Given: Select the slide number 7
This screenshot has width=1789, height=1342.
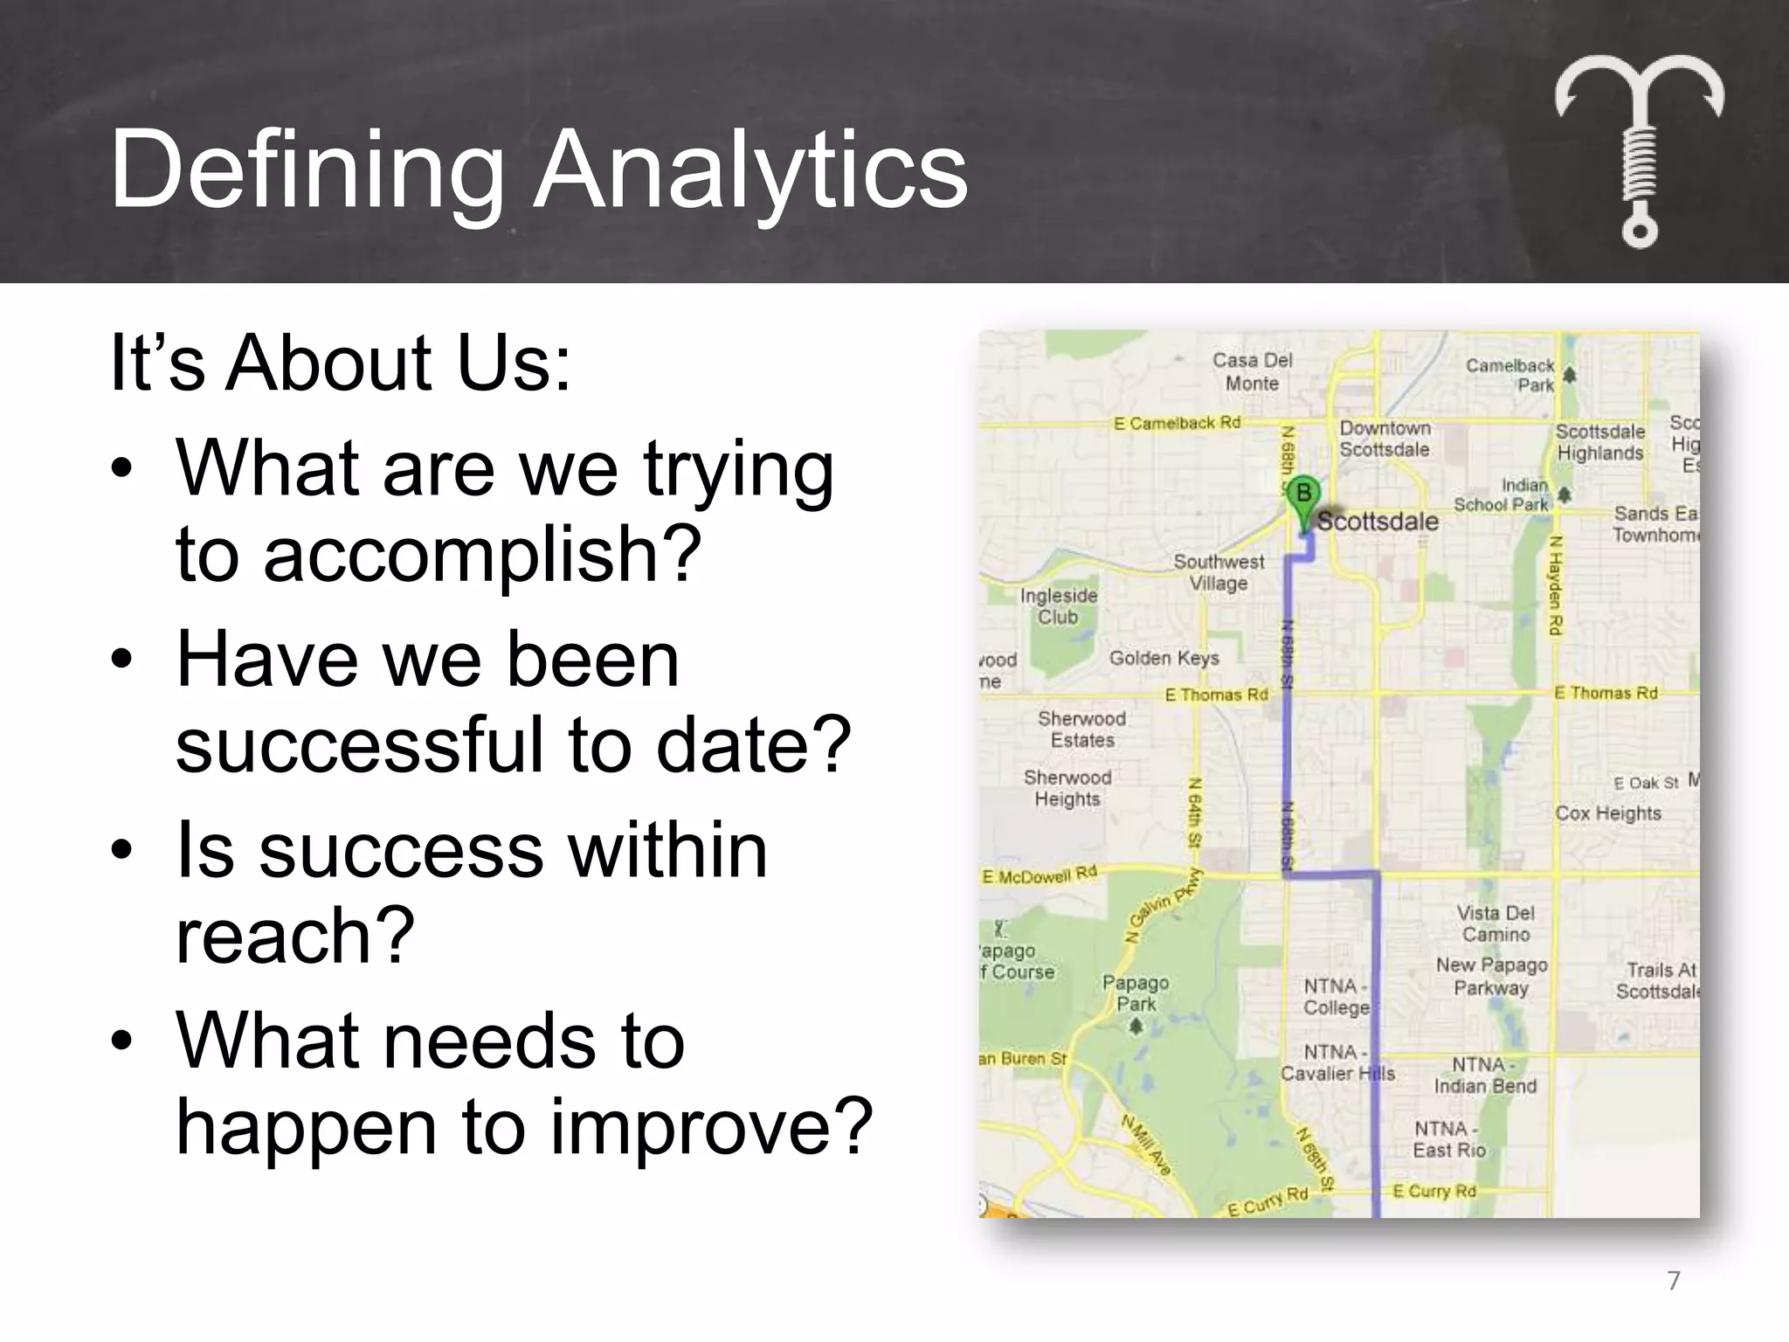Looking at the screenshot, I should (1673, 1281).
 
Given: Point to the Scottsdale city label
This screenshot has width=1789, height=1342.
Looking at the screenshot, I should (1378, 522).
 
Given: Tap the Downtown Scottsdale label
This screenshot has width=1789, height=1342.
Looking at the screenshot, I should (1385, 439).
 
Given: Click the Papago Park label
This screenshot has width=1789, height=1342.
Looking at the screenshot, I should (1136, 993).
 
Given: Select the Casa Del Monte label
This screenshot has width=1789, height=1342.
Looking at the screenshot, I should (1252, 371).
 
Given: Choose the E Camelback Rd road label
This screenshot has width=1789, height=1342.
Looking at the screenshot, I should (1177, 423).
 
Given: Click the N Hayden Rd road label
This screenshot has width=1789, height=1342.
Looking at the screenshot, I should (1555, 585).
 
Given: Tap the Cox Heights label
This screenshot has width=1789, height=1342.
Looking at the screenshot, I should (1607, 813).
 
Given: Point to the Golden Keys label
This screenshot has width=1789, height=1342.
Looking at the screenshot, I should (1164, 658).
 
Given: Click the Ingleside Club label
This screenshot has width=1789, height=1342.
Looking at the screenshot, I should (1059, 605).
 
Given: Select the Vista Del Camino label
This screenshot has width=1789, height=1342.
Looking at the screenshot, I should (1495, 923).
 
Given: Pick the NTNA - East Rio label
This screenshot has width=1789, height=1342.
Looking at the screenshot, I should (1448, 1139).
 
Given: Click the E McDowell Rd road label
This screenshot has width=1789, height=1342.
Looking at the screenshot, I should (1040, 875).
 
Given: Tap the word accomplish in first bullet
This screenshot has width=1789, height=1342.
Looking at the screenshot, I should (482, 555).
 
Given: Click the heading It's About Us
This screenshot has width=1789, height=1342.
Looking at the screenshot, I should (341, 363).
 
